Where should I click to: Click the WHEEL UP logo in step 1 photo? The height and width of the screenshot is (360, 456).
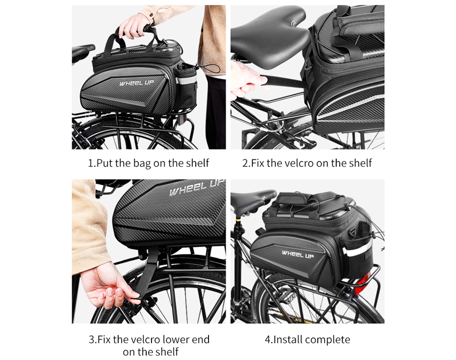coord(136,83)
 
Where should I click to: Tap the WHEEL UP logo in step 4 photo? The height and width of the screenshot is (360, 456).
coord(298,254)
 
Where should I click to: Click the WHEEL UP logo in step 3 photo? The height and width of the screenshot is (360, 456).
coord(197,187)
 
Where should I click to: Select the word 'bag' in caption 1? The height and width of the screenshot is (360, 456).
coord(142,164)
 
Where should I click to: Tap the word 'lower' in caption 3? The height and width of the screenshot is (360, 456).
coord(175,339)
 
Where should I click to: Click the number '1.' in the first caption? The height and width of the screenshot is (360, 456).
coord(92,163)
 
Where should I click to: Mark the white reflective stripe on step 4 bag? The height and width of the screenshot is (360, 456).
coord(357,249)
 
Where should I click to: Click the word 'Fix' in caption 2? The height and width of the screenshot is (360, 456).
coord(258,163)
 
